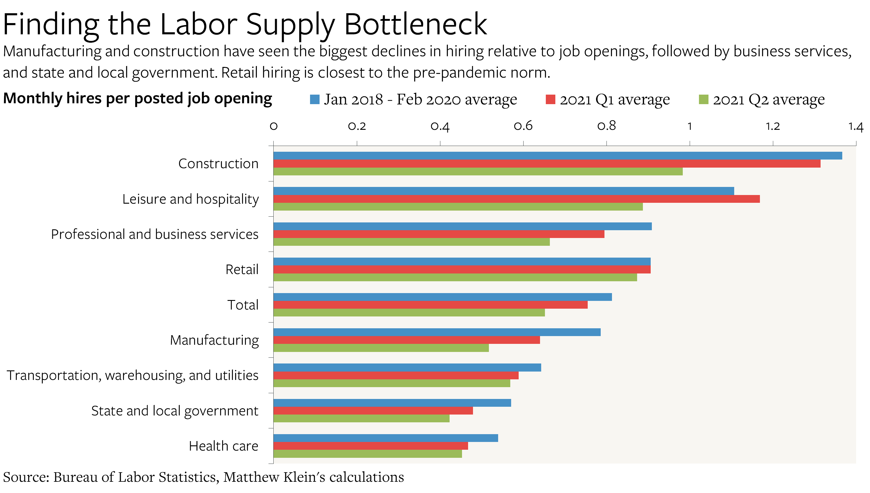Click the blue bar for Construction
click(557, 155)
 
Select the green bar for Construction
click(478, 172)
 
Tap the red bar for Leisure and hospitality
click(516, 199)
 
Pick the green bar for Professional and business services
click(411, 242)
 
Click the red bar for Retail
click(462, 269)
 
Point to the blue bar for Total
click(442, 297)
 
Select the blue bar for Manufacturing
click(437, 332)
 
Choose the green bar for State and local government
click(361, 419)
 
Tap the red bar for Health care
click(371, 446)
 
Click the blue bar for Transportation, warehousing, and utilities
click(407, 368)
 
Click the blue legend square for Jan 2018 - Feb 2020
click(314, 100)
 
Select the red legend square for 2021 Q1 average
click(550, 100)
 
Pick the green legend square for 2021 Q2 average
click(704, 100)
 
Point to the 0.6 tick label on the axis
click(523, 126)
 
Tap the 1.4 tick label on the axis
click(855, 126)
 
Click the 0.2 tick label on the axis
click(357, 126)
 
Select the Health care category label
click(223, 446)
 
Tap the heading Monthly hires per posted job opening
click(137, 99)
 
